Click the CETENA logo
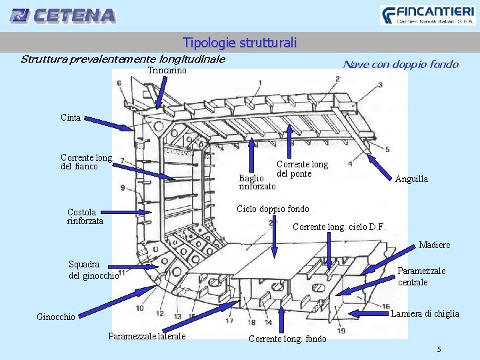(x=63, y=15)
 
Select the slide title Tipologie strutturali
(x=239, y=43)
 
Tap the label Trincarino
(x=167, y=71)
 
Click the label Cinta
(x=71, y=118)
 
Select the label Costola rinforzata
(x=85, y=217)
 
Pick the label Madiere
(x=434, y=245)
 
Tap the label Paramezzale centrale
(x=421, y=277)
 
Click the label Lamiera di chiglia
(x=425, y=314)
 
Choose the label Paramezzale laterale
(x=147, y=336)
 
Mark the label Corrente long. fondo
(x=287, y=339)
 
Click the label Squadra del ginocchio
(x=93, y=270)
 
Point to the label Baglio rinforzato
(x=257, y=182)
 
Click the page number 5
(x=439, y=349)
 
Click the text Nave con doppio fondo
(x=400, y=65)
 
